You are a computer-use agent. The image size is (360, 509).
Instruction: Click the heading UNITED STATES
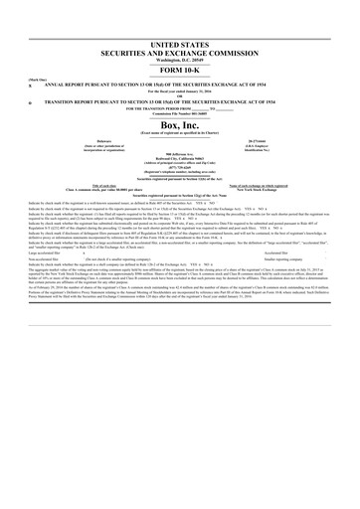[x=180, y=48]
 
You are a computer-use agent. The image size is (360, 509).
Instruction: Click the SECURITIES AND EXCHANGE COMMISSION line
[x=180, y=56]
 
